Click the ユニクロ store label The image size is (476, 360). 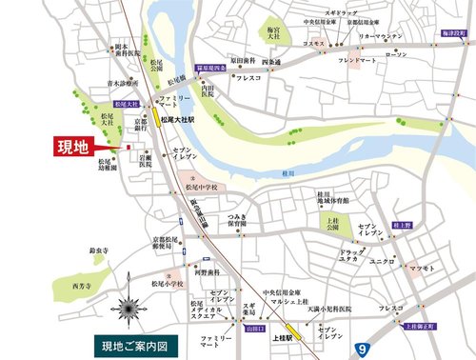(x=385, y=259)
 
